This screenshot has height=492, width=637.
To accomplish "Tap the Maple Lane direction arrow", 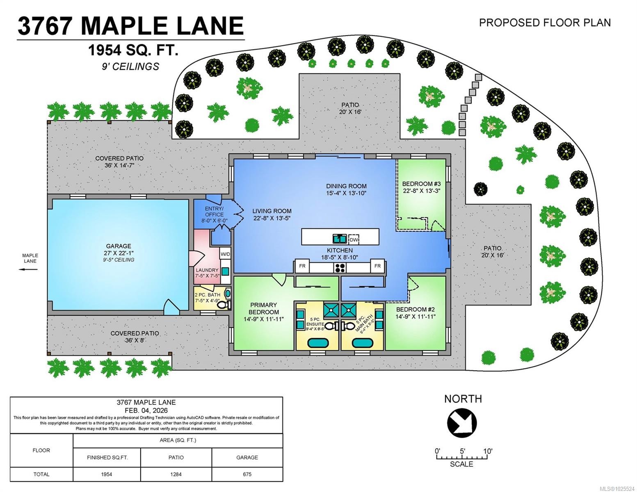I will (x=28, y=269).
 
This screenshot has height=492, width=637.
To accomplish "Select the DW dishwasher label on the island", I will (x=354, y=239).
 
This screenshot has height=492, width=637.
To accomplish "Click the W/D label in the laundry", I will (x=225, y=254).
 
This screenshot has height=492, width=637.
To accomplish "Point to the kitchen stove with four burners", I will (x=340, y=268).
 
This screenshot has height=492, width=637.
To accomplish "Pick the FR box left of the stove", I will (x=302, y=266).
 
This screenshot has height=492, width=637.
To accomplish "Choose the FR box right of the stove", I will (x=377, y=266).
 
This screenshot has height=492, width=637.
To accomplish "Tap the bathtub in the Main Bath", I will (x=363, y=343).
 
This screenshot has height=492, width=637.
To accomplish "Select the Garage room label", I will (x=119, y=246).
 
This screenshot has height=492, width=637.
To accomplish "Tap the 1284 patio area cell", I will (x=176, y=474).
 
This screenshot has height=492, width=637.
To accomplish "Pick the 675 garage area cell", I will (x=247, y=474).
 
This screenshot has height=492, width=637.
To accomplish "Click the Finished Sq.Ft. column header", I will (x=107, y=457).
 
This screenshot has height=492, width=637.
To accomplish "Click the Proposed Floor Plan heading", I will (x=545, y=23).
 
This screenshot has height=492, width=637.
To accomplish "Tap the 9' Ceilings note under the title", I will (x=130, y=66).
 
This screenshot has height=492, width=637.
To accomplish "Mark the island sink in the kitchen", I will (x=339, y=238).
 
